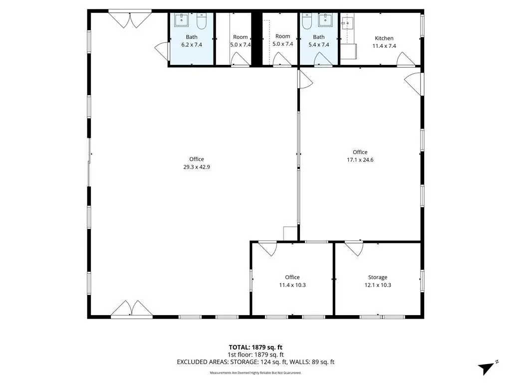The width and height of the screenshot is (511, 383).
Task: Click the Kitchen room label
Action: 384,38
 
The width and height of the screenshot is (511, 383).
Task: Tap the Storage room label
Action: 378,277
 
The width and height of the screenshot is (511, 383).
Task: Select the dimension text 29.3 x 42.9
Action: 197,167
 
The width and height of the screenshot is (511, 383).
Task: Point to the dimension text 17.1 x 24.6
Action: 360,160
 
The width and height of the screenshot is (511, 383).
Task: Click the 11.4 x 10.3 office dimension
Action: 292,285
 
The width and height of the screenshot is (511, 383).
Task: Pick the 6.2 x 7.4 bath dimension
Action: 192,45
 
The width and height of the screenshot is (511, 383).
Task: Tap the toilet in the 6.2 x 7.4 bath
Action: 202,21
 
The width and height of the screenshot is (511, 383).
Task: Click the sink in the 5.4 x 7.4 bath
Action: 325,19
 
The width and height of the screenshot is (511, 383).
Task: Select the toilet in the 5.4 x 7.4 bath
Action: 307,21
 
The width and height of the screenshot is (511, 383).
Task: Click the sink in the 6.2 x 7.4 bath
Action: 182,19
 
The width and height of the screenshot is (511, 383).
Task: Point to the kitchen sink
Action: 348,23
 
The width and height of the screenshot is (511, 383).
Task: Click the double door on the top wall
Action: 130,20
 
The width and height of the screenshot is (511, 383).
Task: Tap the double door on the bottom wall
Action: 131,308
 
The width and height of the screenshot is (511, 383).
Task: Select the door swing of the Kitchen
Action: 405,59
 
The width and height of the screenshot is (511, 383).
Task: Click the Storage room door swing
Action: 354,249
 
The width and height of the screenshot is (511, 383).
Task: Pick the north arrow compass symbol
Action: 487,368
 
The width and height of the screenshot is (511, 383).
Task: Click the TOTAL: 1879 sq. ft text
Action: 255,347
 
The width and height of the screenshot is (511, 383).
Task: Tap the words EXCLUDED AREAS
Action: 203,362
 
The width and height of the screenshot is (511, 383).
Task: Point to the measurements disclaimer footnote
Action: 255,373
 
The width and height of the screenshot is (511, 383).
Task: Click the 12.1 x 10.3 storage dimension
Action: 378,285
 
